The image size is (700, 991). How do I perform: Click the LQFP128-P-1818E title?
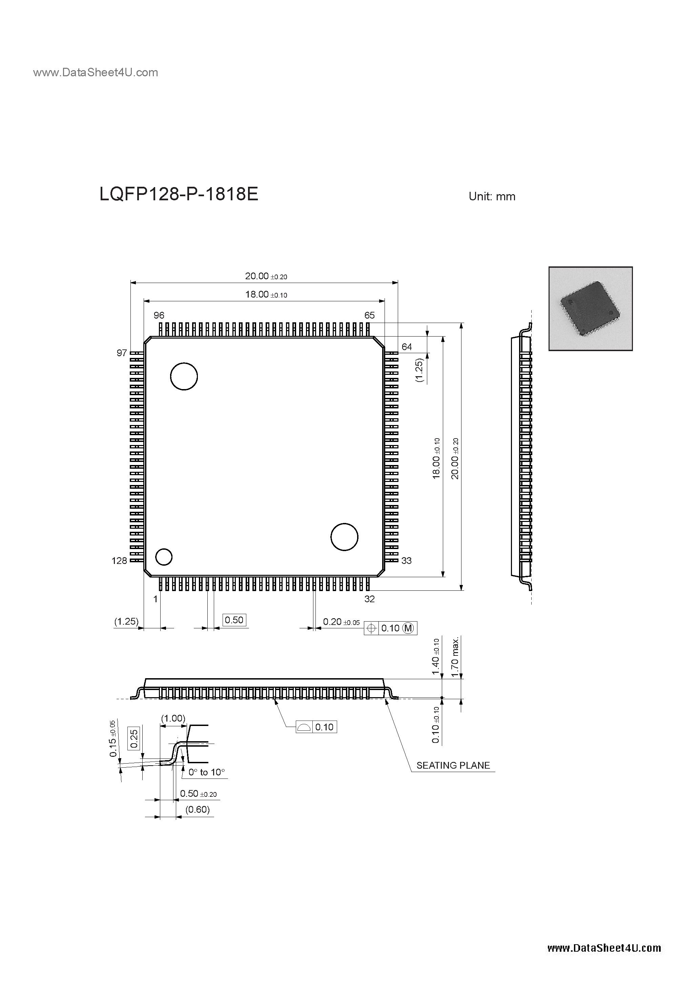(x=179, y=195)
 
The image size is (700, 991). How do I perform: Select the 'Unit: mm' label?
(x=492, y=197)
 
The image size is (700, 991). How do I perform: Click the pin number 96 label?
(x=159, y=316)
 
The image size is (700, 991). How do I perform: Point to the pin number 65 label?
(x=369, y=316)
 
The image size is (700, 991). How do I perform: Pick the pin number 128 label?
(x=119, y=561)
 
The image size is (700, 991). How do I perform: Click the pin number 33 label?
(x=406, y=561)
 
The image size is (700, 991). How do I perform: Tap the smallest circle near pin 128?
(x=164, y=557)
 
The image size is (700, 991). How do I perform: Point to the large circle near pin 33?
(x=344, y=537)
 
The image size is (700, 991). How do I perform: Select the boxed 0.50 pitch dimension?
(x=234, y=620)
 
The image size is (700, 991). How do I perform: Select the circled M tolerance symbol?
(x=408, y=628)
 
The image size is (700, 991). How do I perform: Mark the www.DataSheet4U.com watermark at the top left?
(x=95, y=73)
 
